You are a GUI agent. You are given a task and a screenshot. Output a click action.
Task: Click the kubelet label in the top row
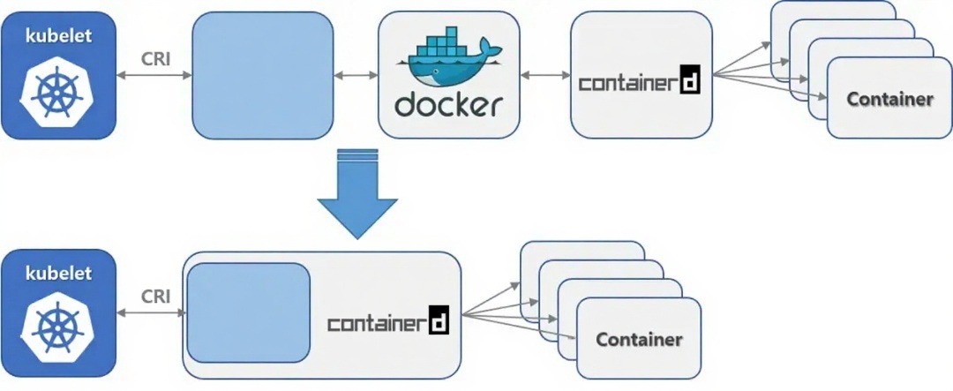tap(58, 36)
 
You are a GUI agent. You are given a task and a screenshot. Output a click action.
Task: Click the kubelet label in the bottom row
tap(58, 274)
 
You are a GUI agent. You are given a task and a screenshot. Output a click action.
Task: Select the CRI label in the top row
tap(155, 60)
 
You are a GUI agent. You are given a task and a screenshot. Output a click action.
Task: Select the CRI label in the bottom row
tap(155, 297)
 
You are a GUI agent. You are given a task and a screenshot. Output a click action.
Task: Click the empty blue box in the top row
tap(263, 75)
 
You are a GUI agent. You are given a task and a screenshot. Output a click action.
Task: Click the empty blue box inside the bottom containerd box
tap(248, 312)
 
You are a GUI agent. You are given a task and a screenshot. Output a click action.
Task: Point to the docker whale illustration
tap(450, 59)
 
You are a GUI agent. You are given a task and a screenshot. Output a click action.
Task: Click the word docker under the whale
tap(448, 104)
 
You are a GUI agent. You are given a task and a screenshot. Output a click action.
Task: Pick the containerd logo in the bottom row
tap(388, 320)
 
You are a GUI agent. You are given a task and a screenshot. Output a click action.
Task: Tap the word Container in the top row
tap(889, 99)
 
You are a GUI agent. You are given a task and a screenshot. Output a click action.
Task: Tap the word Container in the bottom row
tap(639, 339)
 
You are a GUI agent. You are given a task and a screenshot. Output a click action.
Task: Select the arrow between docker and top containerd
tap(545, 76)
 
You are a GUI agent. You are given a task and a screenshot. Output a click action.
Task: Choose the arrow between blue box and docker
tap(356, 76)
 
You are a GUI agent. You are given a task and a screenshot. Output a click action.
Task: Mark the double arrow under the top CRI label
tap(154, 76)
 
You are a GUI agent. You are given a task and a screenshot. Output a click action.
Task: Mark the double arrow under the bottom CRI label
tap(150, 312)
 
